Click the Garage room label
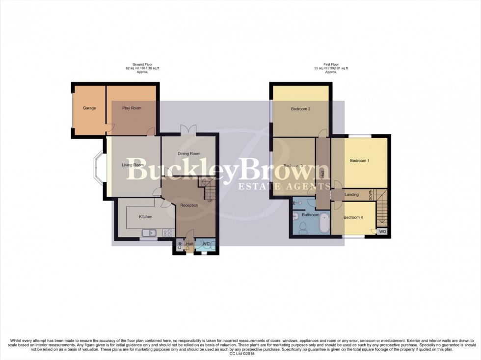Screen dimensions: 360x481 (x=89, y=108)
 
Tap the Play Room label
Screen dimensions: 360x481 (x=132, y=108)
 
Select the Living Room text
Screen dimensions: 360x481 (x=133, y=165)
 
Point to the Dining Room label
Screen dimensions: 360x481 (x=189, y=154)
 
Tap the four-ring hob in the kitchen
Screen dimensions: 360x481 (x=167, y=233)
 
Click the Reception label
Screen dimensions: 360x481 (x=189, y=205)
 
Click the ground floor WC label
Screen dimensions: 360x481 (x=206, y=244)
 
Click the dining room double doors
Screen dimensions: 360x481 (x=188, y=129)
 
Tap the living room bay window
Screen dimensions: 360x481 (x=98, y=167)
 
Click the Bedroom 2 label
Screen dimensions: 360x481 (x=300, y=109)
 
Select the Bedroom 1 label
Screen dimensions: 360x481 (x=359, y=161)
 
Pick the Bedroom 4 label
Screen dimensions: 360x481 (x=353, y=217)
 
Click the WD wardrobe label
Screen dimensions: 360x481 (x=382, y=231)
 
